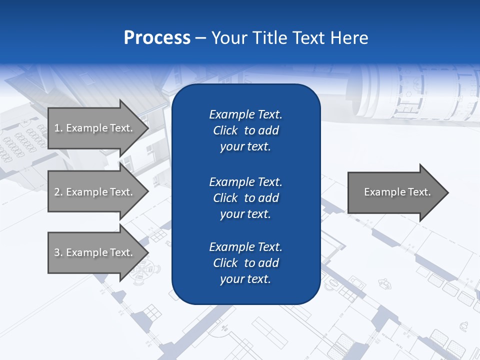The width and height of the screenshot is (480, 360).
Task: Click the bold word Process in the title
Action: [157, 38]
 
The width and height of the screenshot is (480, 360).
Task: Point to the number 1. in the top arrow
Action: [58, 128]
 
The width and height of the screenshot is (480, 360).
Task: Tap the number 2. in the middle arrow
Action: [58, 192]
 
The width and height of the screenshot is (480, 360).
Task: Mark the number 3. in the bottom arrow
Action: [58, 252]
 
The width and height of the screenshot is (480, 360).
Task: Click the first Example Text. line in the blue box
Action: [245, 114]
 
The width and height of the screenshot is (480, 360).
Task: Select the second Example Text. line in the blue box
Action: [245, 181]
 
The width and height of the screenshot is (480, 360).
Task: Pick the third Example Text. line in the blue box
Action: [245, 247]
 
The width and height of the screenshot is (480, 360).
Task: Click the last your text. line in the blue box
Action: [245, 279]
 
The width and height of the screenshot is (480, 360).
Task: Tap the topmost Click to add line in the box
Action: [245, 130]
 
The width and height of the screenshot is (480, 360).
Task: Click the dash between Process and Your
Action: [200, 38]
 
